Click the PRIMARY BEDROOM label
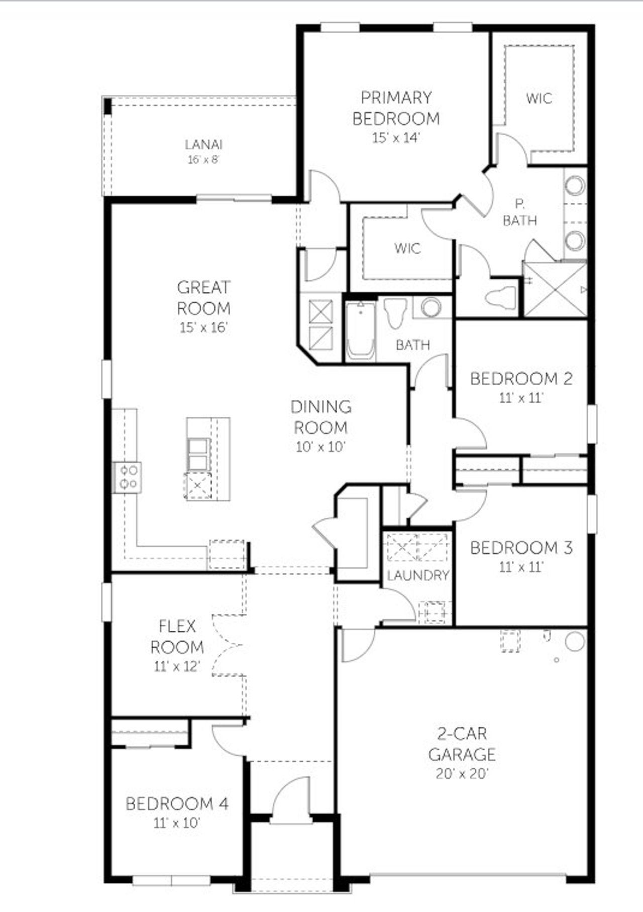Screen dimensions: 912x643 [x=396, y=108]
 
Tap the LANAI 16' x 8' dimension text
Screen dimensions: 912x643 [x=203, y=160]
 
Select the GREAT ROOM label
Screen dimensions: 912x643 [x=203, y=297]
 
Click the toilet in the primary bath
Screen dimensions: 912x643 [x=502, y=297]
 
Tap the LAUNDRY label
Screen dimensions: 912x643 [x=418, y=576]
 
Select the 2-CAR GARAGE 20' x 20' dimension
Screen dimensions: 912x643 [x=462, y=773]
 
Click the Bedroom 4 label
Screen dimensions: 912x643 [x=177, y=804]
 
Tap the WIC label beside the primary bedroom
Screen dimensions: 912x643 [x=539, y=98]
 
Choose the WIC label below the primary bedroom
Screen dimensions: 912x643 [x=407, y=248]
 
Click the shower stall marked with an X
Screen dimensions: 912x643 [x=555, y=289]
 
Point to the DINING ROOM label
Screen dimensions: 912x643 [x=321, y=417]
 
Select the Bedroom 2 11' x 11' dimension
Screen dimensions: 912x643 [x=521, y=398]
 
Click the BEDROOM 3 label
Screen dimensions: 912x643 [x=521, y=547]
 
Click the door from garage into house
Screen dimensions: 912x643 [x=358, y=645]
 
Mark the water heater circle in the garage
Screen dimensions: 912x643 [x=575, y=641]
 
